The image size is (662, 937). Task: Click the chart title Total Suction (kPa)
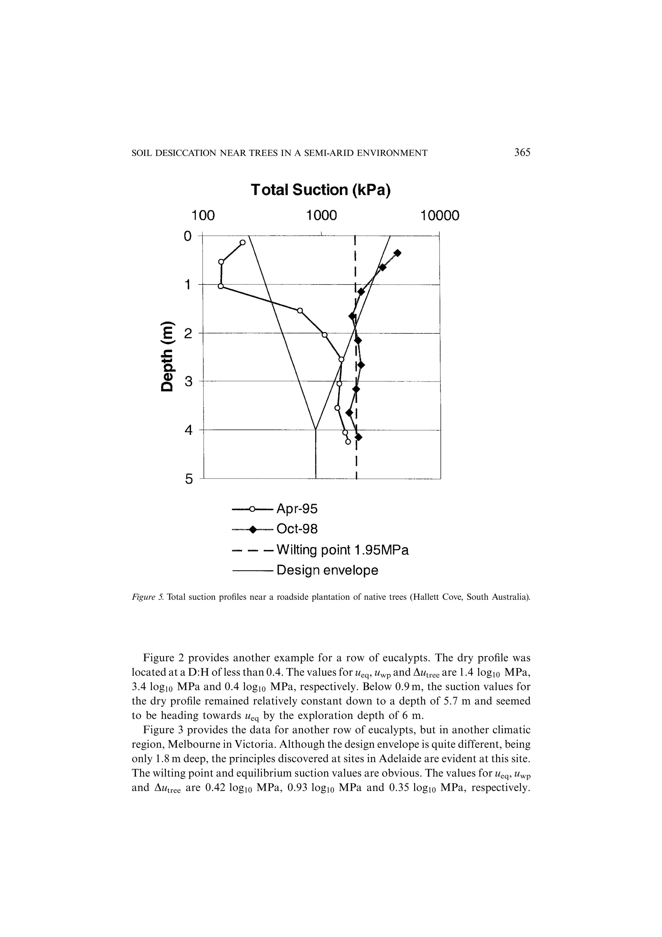click(321, 190)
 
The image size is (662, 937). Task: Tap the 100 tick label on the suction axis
click(203, 215)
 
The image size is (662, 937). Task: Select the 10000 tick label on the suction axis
click(440, 215)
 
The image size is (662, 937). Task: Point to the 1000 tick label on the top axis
click(322, 215)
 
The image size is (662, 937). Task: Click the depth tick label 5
click(188, 479)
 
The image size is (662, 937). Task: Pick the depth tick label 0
click(187, 236)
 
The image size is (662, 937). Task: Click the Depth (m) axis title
click(168, 357)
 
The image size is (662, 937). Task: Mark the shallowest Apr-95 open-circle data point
click(243, 243)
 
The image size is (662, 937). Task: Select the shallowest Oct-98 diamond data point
click(398, 253)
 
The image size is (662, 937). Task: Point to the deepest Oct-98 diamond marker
click(358, 437)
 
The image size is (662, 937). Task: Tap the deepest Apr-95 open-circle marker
click(348, 442)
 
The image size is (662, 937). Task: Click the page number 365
click(522, 153)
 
